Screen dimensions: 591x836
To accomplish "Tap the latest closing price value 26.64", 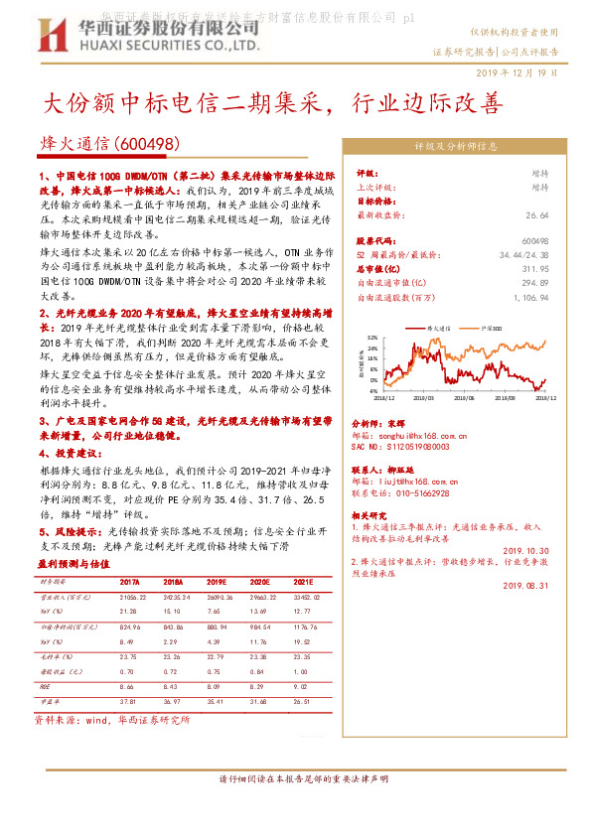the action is pyautogui.click(x=537, y=214).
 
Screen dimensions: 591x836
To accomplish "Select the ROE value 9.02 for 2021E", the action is pyautogui.click(x=304, y=686).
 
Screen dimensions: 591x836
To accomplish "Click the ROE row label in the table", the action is pyautogui.click(x=45, y=686).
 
